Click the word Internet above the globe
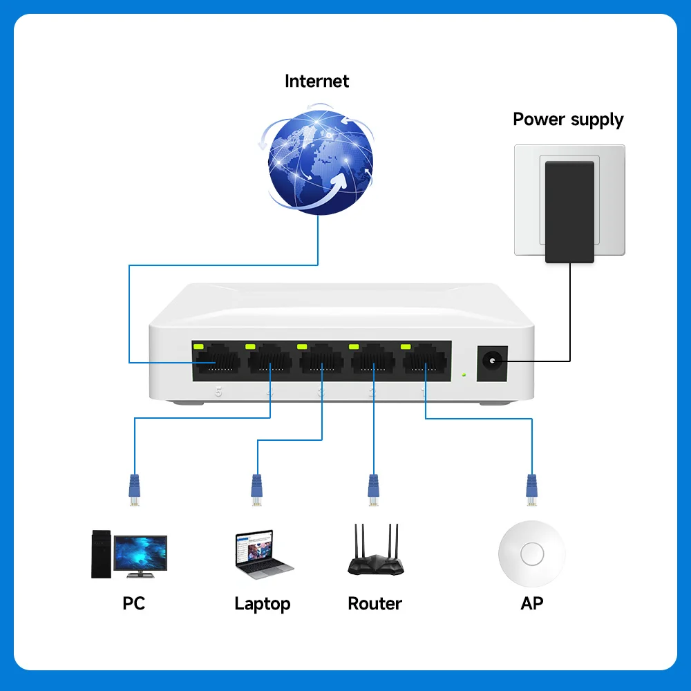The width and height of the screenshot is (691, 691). tap(316, 81)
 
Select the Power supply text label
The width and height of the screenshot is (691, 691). tap(568, 119)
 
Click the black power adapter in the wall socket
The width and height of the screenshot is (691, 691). tap(569, 211)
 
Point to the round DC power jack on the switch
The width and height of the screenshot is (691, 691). tap(492, 361)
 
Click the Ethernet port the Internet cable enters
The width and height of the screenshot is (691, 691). tap(218, 361)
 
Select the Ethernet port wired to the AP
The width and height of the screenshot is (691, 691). tap(425, 361)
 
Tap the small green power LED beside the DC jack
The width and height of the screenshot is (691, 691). tap(463, 375)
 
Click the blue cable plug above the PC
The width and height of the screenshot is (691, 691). tap(135, 487)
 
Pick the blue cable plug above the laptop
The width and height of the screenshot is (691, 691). tap(256, 487)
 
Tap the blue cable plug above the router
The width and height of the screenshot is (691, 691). tap(374, 487)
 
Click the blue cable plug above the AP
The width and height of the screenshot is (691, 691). tap(531, 487)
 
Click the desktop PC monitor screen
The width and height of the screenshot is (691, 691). tap(140, 553)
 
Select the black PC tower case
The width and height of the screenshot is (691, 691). tap(101, 553)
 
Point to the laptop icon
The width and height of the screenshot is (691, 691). tap(263, 553)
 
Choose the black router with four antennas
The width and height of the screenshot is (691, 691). tap(375, 553)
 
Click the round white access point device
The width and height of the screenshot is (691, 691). tap(531, 553)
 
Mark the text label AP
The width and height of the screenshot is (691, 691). tap(531, 603)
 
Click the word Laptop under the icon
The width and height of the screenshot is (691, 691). tap(262, 603)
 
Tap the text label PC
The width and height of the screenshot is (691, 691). tap(133, 603)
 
